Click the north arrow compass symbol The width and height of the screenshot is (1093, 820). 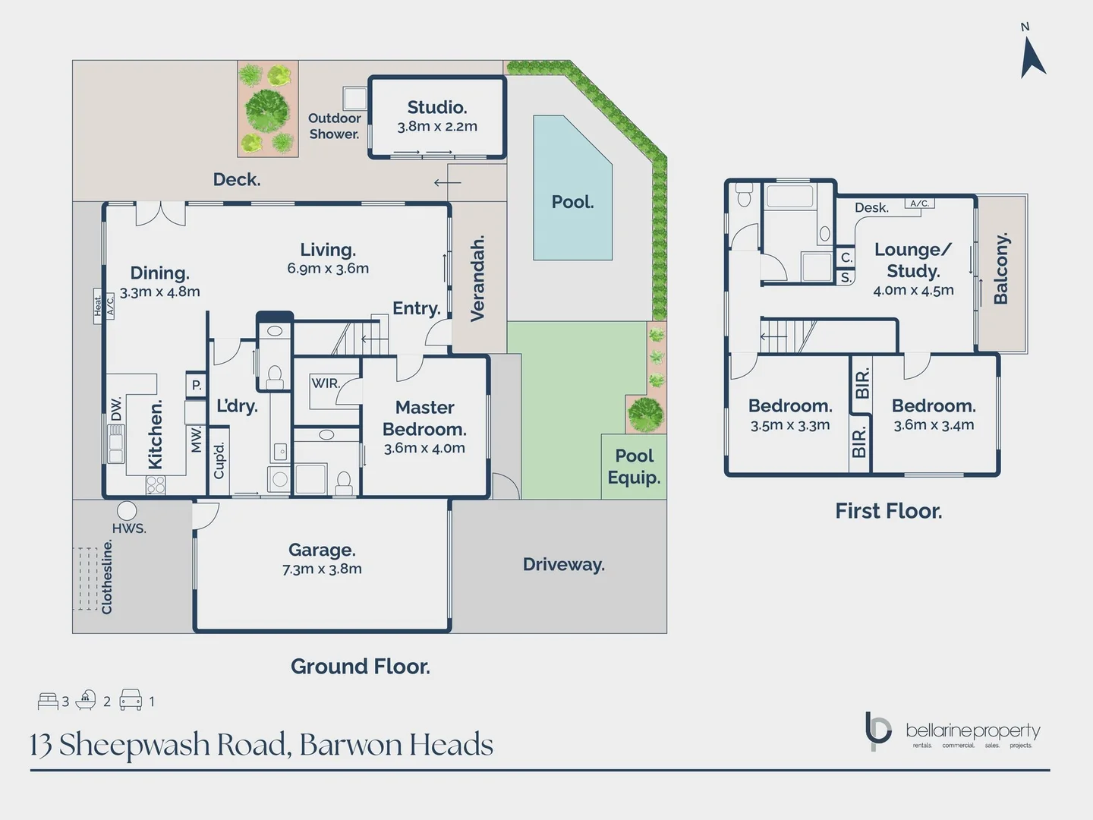click(x=1032, y=57)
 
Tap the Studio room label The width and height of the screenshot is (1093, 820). click(x=436, y=107)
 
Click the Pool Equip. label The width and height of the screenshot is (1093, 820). click(x=634, y=466)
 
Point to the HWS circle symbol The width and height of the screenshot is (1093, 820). click(x=127, y=510)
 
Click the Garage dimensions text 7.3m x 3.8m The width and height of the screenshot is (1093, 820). click(x=322, y=569)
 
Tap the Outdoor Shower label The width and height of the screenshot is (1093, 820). click(x=334, y=126)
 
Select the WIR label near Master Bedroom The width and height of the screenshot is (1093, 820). click(x=325, y=383)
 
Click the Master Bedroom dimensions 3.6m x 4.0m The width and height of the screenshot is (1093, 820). click(x=424, y=448)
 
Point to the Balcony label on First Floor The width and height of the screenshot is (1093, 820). click(x=1001, y=269)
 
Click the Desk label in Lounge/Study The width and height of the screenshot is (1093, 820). click(x=871, y=207)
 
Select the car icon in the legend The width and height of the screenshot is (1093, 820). click(x=131, y=700)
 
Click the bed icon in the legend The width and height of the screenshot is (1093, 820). click(x=48, y=700)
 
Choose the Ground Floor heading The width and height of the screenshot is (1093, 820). click(x=360, y=666)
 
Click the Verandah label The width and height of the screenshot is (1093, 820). click(x=477, y=279)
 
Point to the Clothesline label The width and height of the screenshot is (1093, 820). click(x=107, y=577)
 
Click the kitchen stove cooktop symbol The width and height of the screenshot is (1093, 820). click(x=156, y=484)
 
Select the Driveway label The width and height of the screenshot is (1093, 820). click(x=563, y=564)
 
